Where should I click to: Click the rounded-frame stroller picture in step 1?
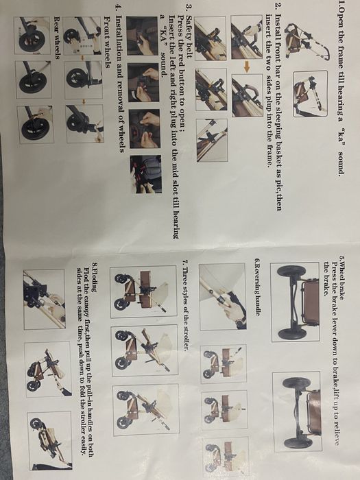310,94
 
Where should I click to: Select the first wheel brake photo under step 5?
295,302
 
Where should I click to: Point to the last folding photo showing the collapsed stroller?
50,440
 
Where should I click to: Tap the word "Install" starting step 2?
278,26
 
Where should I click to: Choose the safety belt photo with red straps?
146,174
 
